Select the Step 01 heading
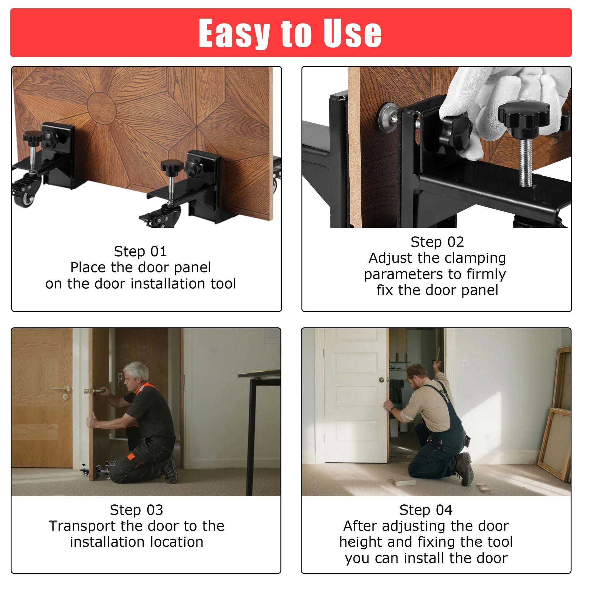pos(140,251)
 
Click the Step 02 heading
pos(437,242)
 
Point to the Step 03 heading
pos(136,510)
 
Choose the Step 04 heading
pos(426,510)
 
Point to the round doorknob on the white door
pos(382,380)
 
